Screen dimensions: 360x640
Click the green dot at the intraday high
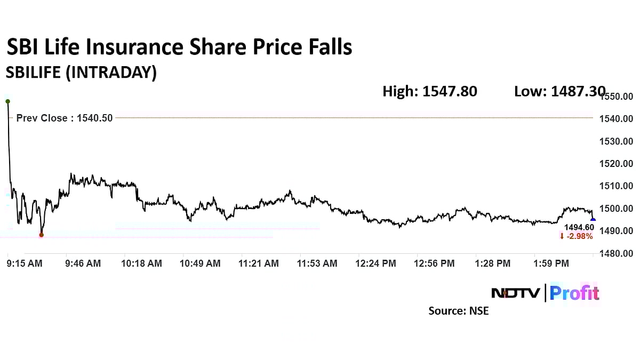7,101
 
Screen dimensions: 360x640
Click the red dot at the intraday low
42,235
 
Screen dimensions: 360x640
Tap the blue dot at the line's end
593,220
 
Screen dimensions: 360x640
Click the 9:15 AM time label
25,263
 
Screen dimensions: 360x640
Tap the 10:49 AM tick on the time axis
200,263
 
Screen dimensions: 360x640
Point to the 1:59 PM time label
551,263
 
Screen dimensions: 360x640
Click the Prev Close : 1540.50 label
65,118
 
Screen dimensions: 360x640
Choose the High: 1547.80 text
430,92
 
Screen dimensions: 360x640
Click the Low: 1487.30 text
559,92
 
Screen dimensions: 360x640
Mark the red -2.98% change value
577,236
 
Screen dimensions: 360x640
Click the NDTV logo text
515,293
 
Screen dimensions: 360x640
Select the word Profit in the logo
574,293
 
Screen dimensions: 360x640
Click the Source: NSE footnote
458,310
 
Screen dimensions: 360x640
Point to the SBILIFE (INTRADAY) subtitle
81,73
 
